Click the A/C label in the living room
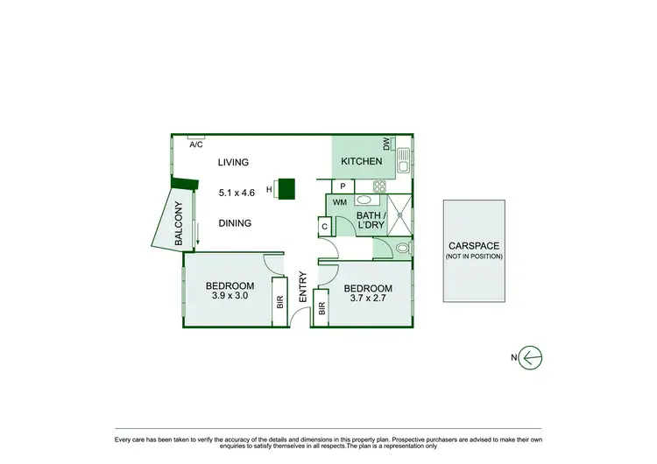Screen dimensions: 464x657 pos(196,145)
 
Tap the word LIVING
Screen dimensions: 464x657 pos(234,162)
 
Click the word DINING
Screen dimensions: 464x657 pos(235,223)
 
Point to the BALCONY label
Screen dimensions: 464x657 pos(179,223)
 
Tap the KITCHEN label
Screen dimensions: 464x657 pos(361,161)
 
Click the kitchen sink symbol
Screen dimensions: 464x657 pos(403,160)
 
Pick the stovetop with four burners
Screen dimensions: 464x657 pos(381,186)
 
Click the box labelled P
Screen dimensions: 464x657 pos(343,186)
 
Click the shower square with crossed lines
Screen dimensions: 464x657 pos(399,214)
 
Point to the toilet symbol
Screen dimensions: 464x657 pos(400,249)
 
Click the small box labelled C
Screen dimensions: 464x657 pos(324,226)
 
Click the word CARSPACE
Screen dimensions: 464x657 pos(473,247)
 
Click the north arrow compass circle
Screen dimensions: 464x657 pos(531,357)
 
